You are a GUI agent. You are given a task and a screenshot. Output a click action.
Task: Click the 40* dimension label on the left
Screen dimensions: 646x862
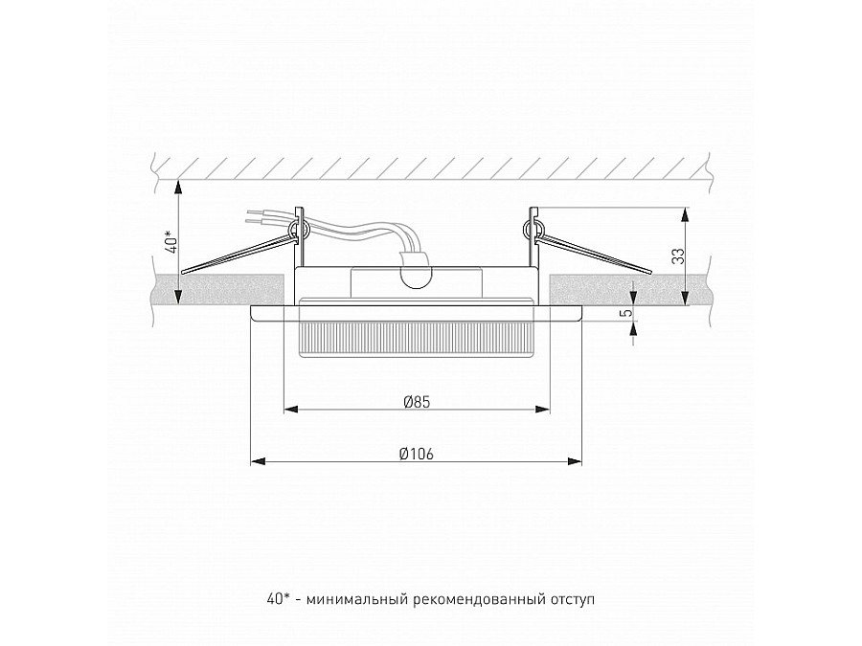point(168,242)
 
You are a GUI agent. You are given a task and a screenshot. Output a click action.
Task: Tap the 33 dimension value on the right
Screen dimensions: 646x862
point(676,256)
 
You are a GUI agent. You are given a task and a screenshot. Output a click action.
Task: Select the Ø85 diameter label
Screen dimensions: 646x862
point(416,402)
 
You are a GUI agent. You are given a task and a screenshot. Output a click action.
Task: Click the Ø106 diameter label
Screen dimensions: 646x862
point(416,454)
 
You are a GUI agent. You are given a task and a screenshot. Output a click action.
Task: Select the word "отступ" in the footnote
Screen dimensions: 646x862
point(571,600)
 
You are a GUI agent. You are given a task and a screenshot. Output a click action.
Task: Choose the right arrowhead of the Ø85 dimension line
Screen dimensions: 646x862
point(547,410)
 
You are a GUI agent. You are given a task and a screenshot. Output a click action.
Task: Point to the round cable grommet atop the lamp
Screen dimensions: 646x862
point(417,277)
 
